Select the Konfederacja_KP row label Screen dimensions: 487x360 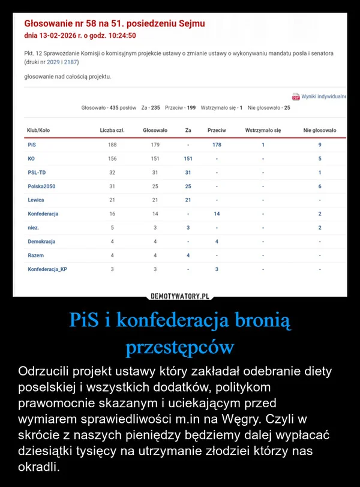click(x=47, y=269)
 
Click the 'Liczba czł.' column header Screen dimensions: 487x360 click(x=112, y=130)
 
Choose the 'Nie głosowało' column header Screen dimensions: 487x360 click(x=320, y=130)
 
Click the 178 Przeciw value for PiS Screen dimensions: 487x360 click(x=217, y=145)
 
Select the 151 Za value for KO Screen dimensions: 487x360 click(x=188, y=159)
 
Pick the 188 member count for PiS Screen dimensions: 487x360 click(x=112, y=145)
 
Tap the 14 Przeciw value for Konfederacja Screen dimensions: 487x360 click(x=217, y=214)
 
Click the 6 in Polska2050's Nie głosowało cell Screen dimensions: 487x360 click(x=320, y=187)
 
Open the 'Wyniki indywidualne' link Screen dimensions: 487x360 click(x=323, y=96)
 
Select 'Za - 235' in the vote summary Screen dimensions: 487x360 click(x=151, y=107)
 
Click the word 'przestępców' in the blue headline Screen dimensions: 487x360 click(x=179, y=347)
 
